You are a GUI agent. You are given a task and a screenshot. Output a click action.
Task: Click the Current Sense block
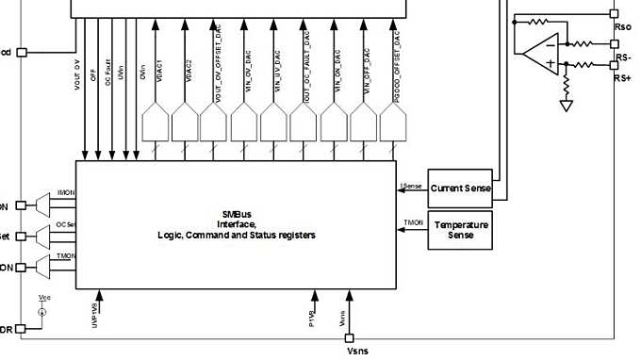pyautogui.click(x=461, y=188)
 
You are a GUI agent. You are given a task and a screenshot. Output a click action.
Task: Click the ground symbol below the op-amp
pyautogui.click(x=566, y=105)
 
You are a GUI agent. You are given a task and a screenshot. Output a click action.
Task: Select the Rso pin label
pyautogui.click(x=622, y=28)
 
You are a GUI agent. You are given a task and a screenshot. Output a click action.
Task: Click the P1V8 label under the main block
pyautogui.click(x=311, y=308)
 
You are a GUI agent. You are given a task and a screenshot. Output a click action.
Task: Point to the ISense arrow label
pyautogui.click(x=411, y=186)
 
